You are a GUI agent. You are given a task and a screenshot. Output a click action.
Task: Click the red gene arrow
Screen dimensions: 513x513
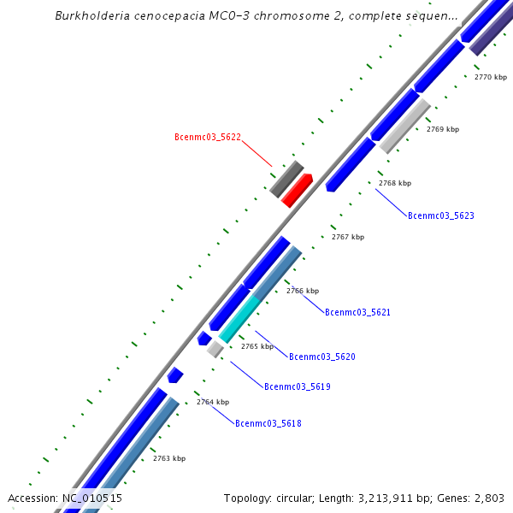click(x=297, y=190)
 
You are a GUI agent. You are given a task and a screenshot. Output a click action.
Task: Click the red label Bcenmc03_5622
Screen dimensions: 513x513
click(x=207, y=137)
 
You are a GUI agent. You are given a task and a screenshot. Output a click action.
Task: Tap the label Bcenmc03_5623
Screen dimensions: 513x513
click(x=440, y=215)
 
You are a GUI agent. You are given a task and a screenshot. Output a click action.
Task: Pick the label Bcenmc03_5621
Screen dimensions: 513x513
click(x=357, y=312)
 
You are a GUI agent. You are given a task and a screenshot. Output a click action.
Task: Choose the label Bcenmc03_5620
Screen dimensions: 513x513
click(x=321, y=357)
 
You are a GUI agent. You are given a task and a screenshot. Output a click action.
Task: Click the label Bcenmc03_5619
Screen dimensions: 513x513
click(x=297, y=386)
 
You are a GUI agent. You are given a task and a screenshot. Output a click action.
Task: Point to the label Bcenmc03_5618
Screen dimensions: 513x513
click(x=268, y=423)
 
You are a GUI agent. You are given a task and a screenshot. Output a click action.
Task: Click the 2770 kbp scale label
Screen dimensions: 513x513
click(x=490, y=77)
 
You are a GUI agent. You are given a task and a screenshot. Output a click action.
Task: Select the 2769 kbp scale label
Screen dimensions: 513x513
click(x=443, y=129)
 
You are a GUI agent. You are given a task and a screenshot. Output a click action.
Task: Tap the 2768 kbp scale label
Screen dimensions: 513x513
click(x=395, y=183)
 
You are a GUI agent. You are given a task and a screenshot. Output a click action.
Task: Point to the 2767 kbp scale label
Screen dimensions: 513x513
click(x=348, y=237)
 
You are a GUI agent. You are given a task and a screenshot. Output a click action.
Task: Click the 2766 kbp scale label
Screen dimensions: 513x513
click(x=302, y=291)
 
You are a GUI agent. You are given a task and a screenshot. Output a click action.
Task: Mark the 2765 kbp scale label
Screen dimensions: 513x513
click(x=257, y=346)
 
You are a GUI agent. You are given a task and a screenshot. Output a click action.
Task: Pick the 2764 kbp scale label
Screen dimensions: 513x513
click(x=213, y=402)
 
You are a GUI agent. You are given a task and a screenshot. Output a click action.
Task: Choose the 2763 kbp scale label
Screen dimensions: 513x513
click(x=169, y=458)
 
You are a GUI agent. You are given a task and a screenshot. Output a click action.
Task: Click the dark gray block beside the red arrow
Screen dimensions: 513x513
click(x=286, y=178)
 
